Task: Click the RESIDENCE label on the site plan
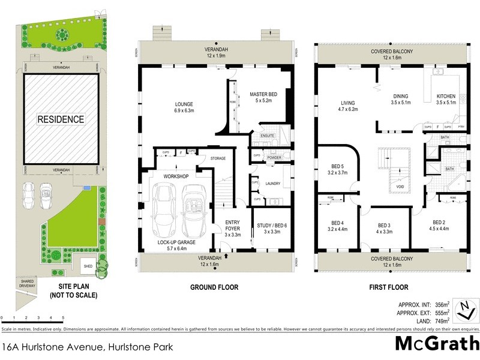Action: (x=61, y=119)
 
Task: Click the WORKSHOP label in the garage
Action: (x=176, y=176)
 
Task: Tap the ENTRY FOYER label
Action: (x=232, y=226)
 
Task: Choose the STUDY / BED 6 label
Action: (x=272, y=226)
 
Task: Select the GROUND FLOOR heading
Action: (x=214, y=287)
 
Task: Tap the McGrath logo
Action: (x=436, y=344)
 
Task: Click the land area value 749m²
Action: (x=441, y=322)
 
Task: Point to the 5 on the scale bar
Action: (x=63, y=318)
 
